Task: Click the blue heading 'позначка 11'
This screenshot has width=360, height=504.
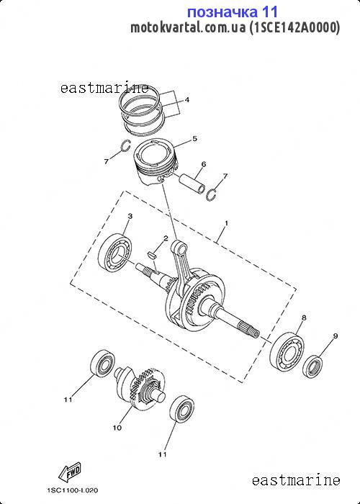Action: coord(232,12)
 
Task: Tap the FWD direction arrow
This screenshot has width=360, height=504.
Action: coord(70,471)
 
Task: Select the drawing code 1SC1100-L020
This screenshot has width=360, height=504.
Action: coord(73,490)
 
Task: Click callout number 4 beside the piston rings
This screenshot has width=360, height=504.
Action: coord(186,100)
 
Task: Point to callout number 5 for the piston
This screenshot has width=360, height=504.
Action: coord(195,138)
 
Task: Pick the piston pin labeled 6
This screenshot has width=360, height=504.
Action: coord(192,183)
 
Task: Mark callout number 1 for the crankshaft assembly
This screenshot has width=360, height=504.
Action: coord(226,222)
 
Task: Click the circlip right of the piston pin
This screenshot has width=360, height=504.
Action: coord(212,194)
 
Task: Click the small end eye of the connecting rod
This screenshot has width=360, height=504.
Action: coord(179,247)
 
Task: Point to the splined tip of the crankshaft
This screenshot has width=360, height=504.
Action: coord(249,330)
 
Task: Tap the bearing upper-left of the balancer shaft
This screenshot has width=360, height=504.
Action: coord(102,363)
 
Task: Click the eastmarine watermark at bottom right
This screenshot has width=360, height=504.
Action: coord(296,480)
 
